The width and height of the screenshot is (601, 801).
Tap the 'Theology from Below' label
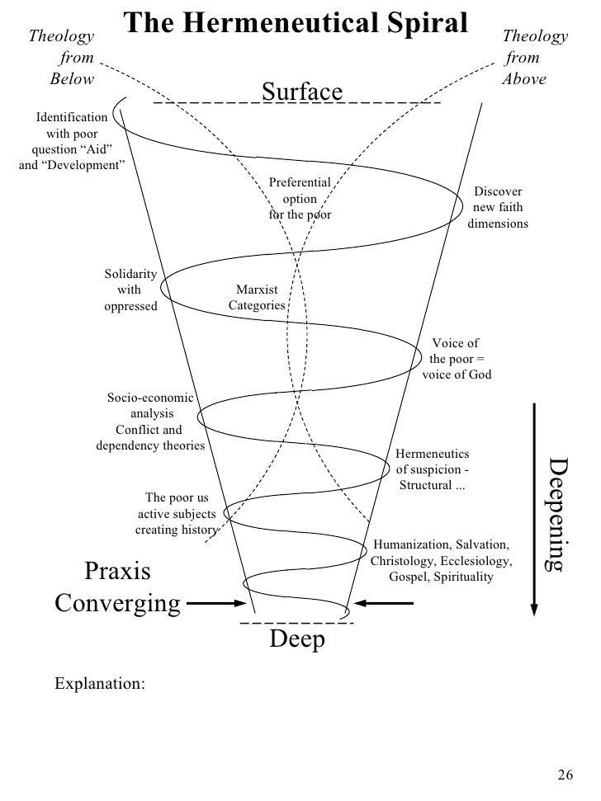coord(63,59)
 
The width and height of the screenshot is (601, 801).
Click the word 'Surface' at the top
coord(301,92)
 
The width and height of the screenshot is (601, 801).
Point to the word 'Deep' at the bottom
coord(297,640)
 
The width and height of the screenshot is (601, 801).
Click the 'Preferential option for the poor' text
coord(300,199)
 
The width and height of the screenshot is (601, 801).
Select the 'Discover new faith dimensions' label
coord(498,208)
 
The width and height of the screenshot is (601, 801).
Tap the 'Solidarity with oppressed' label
coord(130,290)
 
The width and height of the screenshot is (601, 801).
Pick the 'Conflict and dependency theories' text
coord(149,438)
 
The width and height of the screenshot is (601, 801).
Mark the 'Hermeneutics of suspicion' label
coord(433,469)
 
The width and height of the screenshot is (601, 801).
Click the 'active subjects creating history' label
coord(176,514)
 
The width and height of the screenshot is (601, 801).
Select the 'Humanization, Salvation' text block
coord(442,562)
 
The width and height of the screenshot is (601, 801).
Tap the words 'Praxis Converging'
coord(117,587)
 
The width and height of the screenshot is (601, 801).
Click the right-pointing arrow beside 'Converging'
coord(216,604)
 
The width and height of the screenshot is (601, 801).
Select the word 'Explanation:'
coord(99,684)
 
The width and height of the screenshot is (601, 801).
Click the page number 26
coord(565,774)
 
